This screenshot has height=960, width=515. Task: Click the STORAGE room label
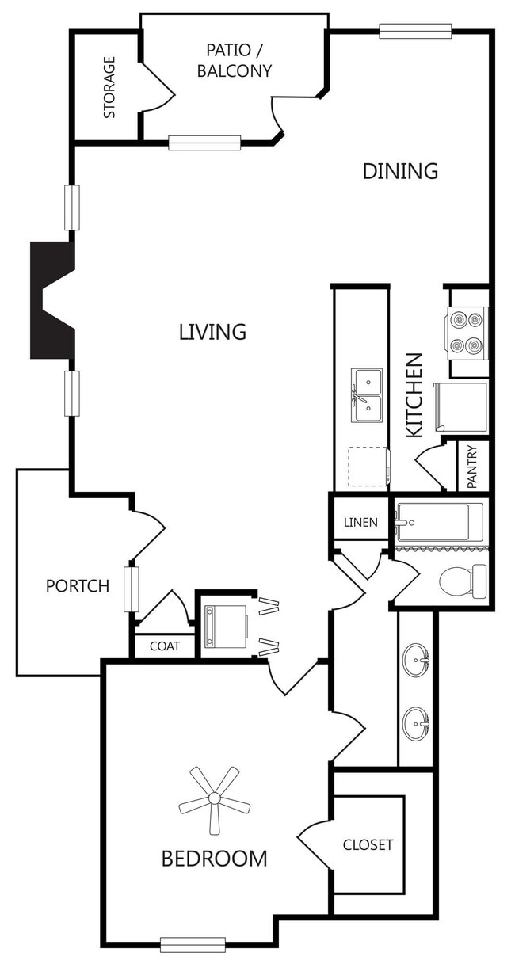tap(109, 87)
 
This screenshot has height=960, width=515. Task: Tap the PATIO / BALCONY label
tap(235, 60)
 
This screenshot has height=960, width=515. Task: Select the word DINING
tap(400, 171)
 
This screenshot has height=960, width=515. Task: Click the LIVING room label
tap(212, 332)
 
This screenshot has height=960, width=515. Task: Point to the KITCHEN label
tap(414, 395)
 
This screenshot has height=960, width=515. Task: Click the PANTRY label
tap(472, 467)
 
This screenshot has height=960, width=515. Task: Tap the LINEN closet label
tap(360, 523)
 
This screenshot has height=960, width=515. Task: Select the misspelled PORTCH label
tap(78, 586)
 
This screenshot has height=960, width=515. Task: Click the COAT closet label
tap(165, 646)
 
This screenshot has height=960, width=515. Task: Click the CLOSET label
tap(368, 844)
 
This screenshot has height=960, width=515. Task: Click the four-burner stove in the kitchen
tap(467, 333)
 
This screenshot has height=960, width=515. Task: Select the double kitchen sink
tap(367, 395)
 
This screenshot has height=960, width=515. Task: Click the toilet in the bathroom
tap(463, 581)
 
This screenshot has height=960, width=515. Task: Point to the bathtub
tap(441, 523)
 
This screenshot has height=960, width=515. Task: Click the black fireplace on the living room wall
tap(53, 300)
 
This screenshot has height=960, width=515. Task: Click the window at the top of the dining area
tap(415, 31)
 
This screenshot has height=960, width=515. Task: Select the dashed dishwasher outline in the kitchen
tap(368, 467)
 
